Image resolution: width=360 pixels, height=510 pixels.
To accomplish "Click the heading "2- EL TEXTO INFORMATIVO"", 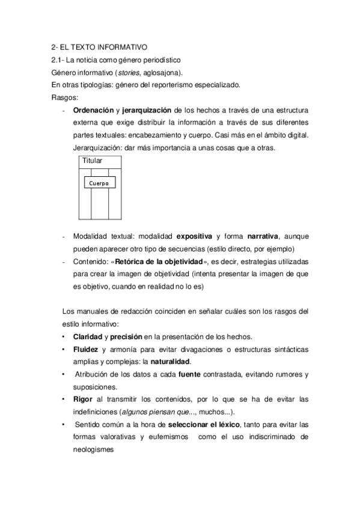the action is coord(99,47).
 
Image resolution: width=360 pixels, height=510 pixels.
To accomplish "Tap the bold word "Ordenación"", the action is coord(93,111).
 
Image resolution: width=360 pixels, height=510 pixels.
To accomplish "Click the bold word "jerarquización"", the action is coord(147,111).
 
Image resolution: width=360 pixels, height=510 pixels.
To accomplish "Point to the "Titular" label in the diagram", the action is coord(91,161).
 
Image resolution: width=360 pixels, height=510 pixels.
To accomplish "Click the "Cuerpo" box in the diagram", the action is coord(99,183).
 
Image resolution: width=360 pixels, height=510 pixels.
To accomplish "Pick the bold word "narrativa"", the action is coord(263,236).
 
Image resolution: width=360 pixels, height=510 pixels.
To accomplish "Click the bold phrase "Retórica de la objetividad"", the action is coord(159,262).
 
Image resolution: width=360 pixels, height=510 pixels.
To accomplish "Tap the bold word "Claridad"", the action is coord(87,336).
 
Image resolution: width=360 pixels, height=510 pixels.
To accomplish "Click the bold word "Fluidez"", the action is coord(85,349).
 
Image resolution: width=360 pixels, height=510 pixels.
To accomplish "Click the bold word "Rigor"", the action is coord(83,399).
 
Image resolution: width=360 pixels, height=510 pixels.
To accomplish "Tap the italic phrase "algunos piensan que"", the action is coord(151,412).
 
